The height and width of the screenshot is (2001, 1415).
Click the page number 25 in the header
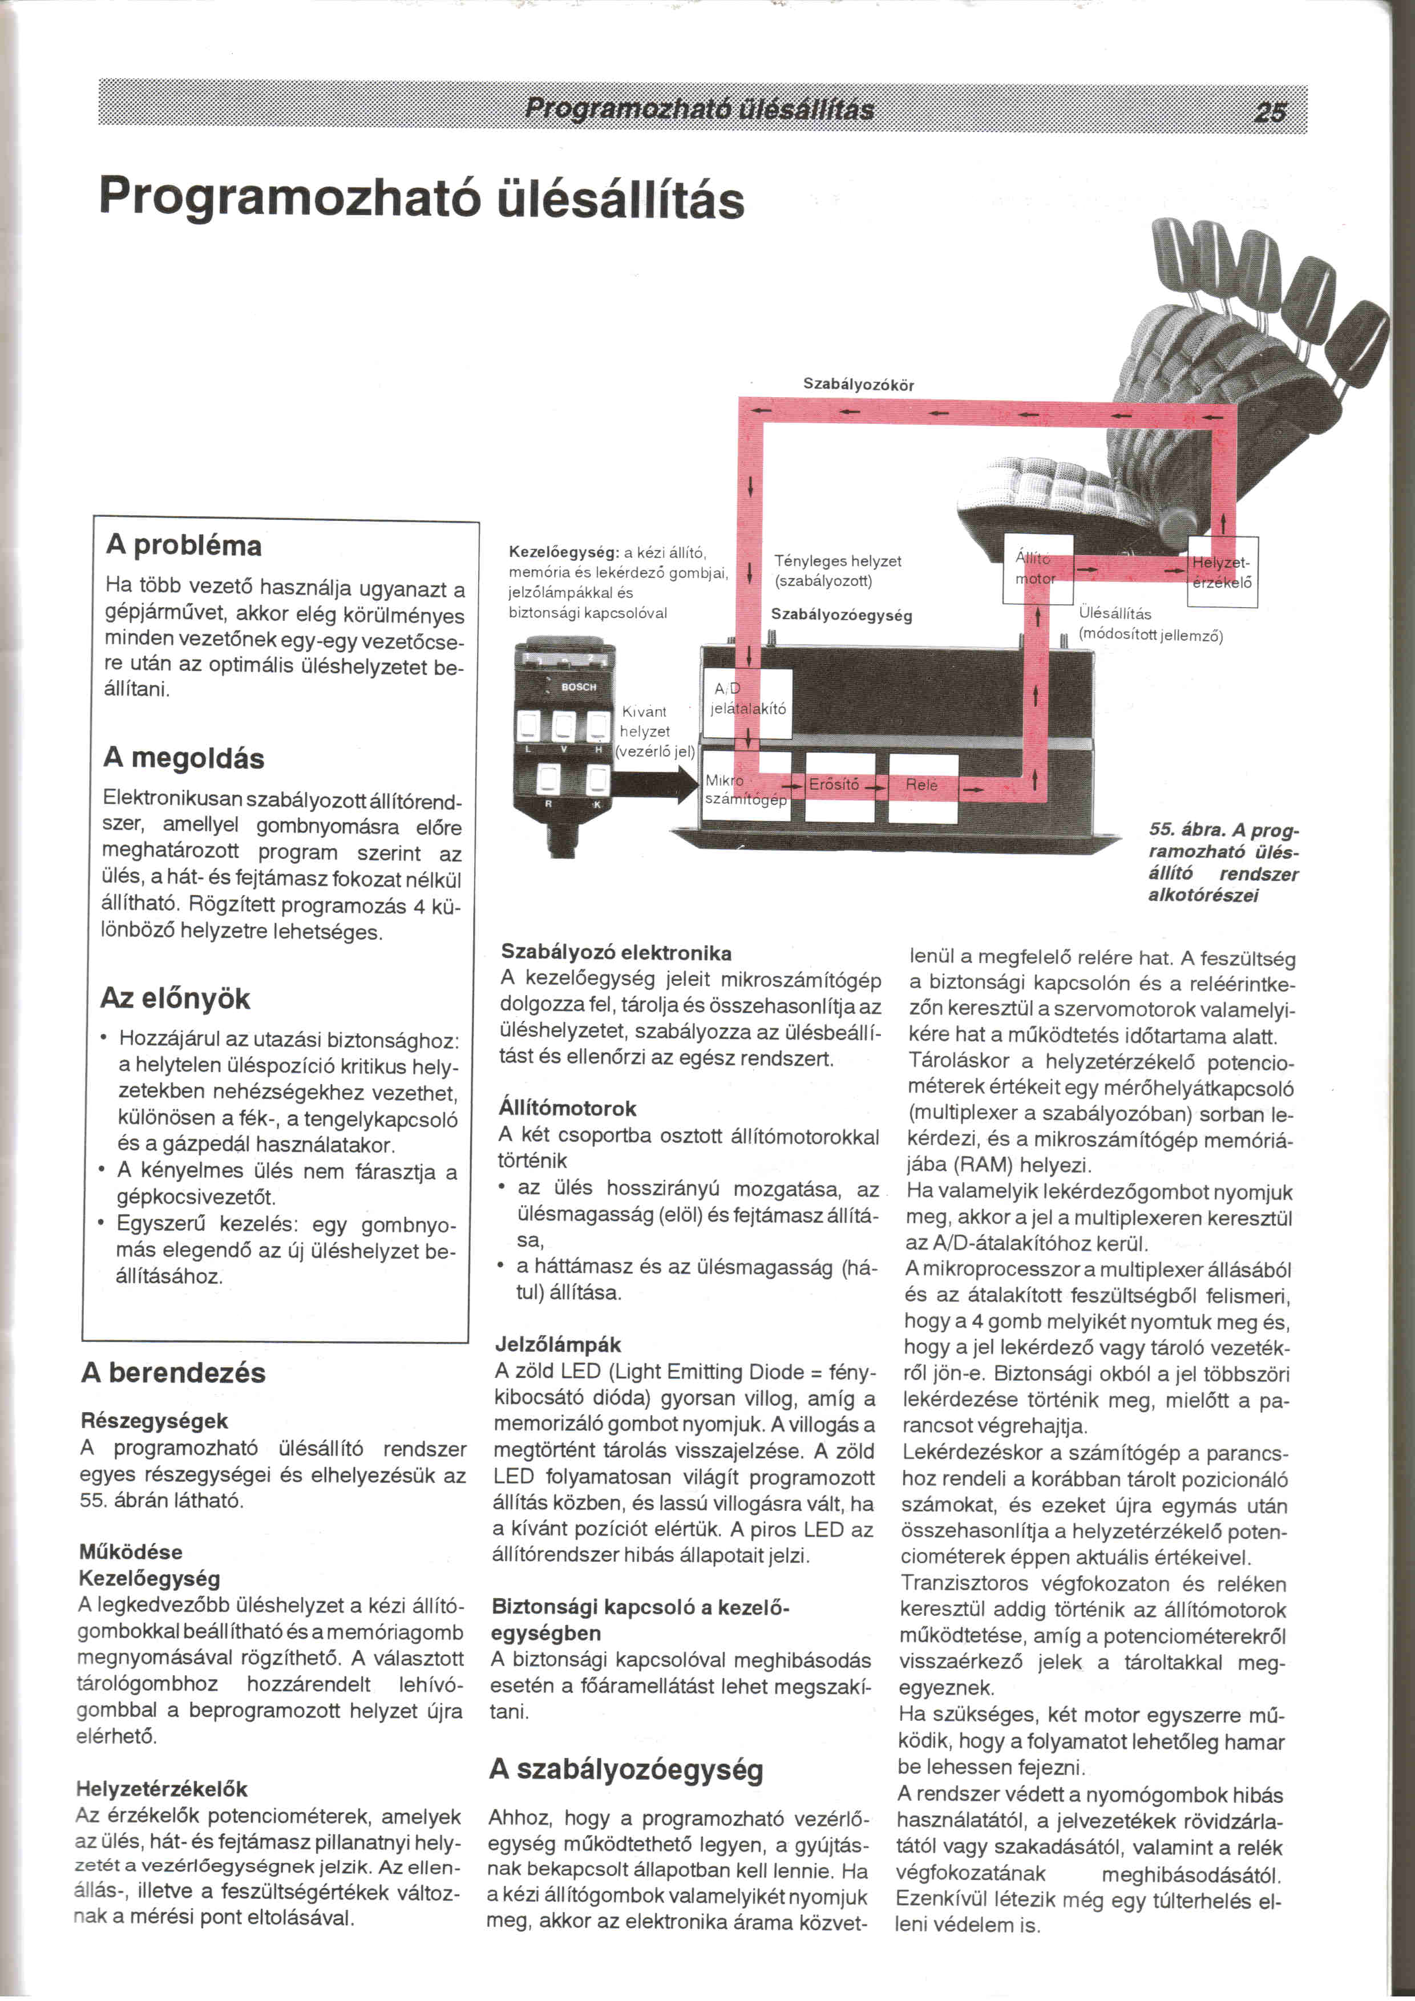pyautogui.click(x=1270, y=112)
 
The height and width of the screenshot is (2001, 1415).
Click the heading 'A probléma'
pyautogui.click(x=184, y=545)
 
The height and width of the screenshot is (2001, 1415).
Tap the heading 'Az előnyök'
pyautogui.click(x=175, y=998)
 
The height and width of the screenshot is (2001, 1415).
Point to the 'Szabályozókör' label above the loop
pyautogui.click(x=858, y=385)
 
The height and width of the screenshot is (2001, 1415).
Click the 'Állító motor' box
pyautogui.click(x=1037, y=569)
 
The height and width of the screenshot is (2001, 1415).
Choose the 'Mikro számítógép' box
pyautogui.click(x=745, y=789)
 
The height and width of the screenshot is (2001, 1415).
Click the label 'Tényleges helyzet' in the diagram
pyautogui.click(x=838, y=561)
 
